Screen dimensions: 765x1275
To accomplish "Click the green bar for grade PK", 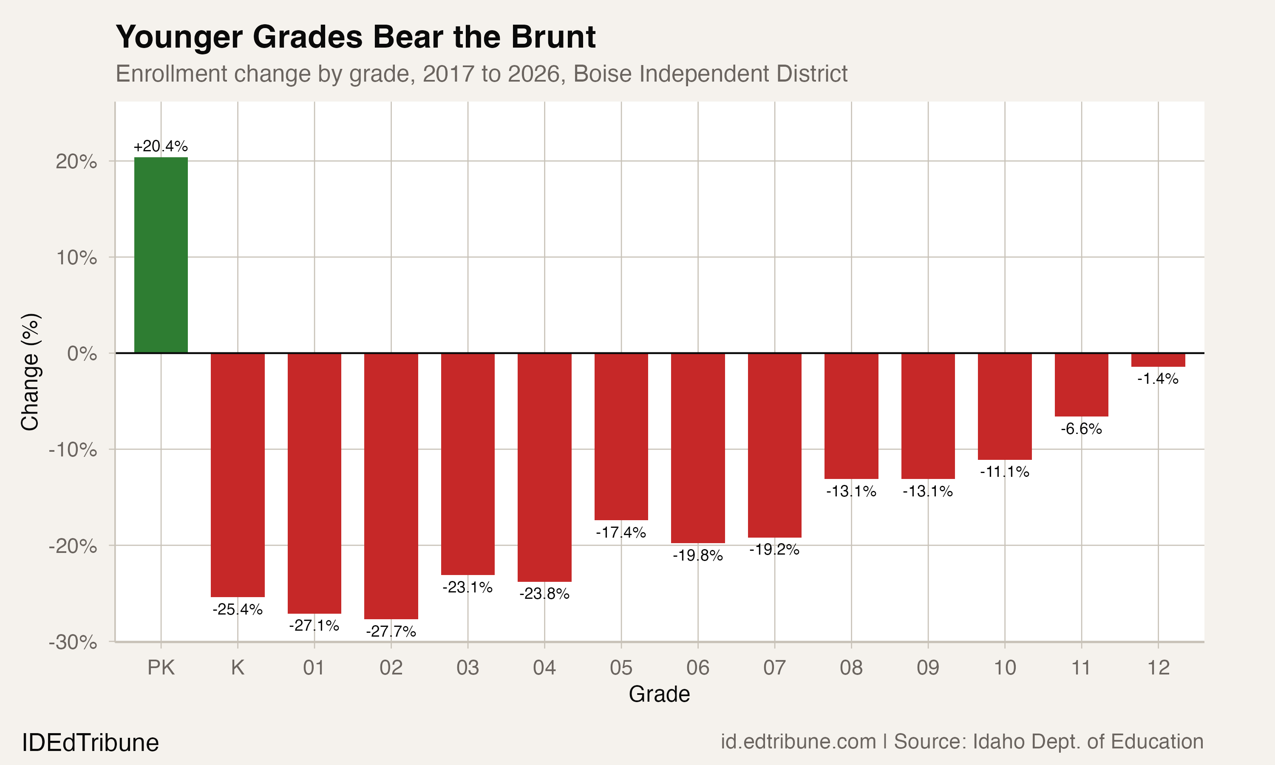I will point(161,255).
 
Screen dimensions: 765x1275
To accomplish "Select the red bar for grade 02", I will point(391,486).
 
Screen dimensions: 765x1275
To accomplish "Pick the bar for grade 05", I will point(621,436).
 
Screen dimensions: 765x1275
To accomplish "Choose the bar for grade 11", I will point(1081,385).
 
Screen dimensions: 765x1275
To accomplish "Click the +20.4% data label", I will point(161,146).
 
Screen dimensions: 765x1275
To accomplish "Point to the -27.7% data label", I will point(391,631).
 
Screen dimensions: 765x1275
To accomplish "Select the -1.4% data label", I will point(1158,379).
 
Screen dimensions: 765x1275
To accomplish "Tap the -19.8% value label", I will point(697,555).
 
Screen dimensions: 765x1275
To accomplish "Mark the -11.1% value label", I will point(1004,472).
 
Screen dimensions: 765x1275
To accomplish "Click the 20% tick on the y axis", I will point(76,162).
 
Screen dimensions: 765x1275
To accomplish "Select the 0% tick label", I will point(82,354).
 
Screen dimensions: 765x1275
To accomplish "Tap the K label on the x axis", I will point(238,668).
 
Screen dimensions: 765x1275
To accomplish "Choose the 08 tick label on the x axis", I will point(851,668).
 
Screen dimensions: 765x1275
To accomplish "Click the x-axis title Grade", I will point(659,694).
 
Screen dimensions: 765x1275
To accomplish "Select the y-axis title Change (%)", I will point(30,371).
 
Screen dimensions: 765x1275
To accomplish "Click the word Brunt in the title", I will point(553,37).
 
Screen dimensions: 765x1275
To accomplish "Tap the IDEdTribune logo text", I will point(90,743).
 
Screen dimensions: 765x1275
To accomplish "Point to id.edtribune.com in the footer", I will point(798,741).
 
